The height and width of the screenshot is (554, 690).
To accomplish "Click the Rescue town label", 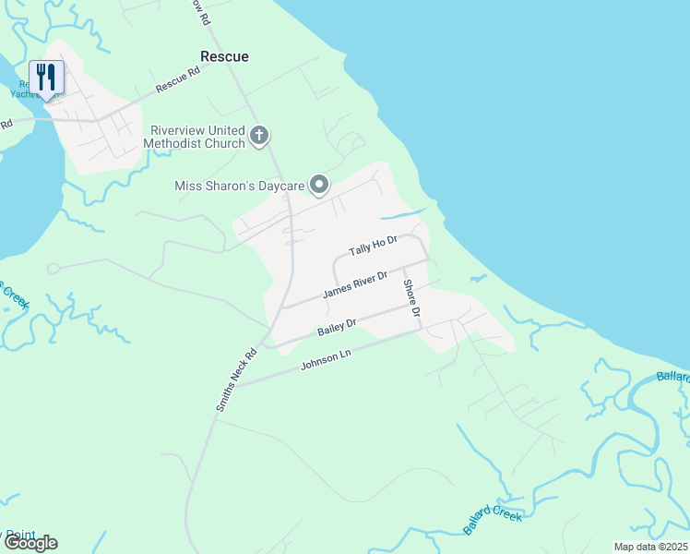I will point(225,56).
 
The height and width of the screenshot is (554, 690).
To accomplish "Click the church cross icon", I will point(259,137).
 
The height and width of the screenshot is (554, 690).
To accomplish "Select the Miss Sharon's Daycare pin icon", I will point(318,186).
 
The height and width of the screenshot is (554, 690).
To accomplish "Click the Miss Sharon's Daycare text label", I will point(240,187).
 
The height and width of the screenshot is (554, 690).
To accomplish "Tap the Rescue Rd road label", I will point(178,79).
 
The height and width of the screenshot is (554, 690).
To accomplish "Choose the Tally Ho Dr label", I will point(373,247).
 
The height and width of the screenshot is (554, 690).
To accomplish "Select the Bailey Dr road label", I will point(337,327).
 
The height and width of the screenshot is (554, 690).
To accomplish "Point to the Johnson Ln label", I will point(327,360).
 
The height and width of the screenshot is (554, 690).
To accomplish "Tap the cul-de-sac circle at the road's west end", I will point(54,269).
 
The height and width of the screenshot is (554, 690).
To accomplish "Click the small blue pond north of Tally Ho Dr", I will point(404,214).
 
